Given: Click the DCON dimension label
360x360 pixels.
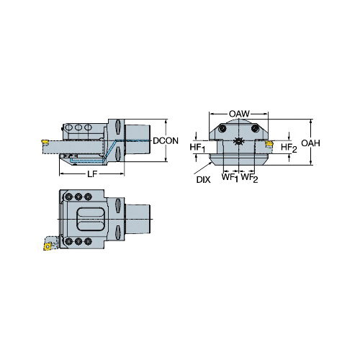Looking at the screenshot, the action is pyautogui.click(x=166, y=140).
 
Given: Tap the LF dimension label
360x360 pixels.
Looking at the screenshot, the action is pyautogui.click(x=92, y=174).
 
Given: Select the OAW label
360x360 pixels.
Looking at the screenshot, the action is pyautogui.click(x=239, y=114).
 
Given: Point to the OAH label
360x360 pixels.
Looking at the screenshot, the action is pyautogui.click(x=310, y=143).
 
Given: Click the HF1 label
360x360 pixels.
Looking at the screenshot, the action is pyautogui.click(x=197, y=148).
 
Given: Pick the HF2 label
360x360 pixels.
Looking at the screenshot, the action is pyautogui.click(x=289, y=148).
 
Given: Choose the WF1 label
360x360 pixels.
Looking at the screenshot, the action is pyautogui.click(x=230, y=178).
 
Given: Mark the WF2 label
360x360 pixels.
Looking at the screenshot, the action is pyautogui.click(x=249, y=178).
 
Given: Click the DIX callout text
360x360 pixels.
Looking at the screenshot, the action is pyautogui.click(x=203, y=180).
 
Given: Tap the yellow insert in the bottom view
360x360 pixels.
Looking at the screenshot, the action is pyautogui.click(x=48, y=246).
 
